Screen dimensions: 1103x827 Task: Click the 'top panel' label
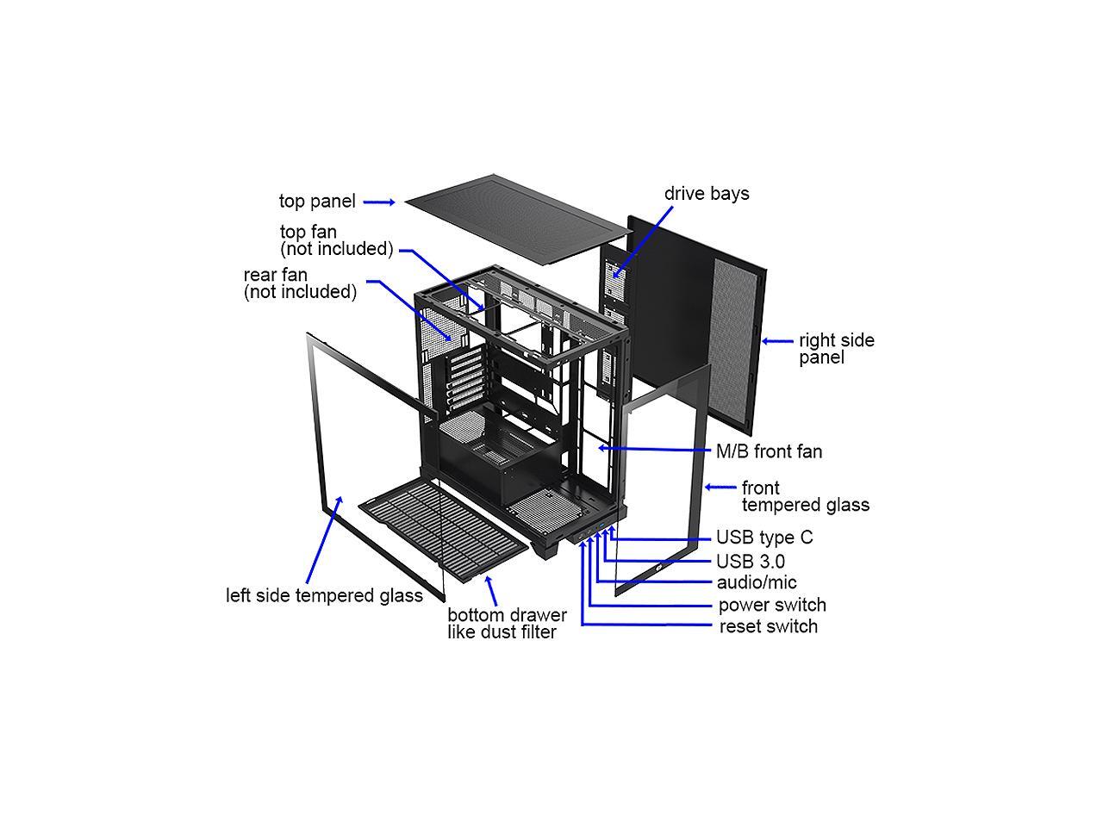(317, 202)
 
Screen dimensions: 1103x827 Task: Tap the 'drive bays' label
(707, 194)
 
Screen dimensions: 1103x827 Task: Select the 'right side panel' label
(836, 349)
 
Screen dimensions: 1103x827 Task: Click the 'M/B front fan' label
(770, 451)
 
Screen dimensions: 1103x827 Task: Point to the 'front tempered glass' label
(805, 496)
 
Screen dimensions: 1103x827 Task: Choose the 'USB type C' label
(764, 538)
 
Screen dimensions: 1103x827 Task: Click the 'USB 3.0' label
(751, 562)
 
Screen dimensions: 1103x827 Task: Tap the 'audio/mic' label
(757, 583)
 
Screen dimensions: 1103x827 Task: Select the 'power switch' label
(772, 605)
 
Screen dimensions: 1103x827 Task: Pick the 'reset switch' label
(769, 626)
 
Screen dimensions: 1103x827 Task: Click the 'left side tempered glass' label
(324, 595)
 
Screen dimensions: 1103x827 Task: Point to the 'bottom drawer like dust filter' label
(507, 624)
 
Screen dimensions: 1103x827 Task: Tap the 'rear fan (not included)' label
(300, 283)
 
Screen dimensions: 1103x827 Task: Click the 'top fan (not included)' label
(336, 240)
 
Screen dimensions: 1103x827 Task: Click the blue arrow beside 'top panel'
(379, 202)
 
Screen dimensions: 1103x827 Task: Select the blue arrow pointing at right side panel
(777, 341)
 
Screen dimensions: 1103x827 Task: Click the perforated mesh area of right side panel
(738, 345)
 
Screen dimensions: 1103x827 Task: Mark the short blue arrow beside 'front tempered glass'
(720, 488)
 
